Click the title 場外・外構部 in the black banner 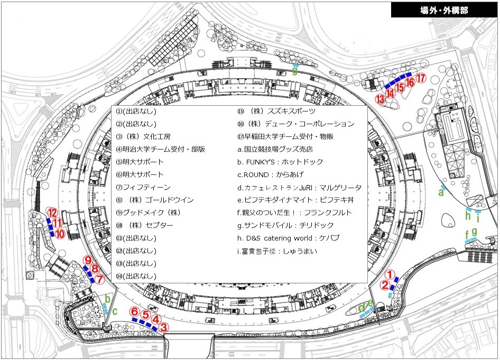tap(443, 10)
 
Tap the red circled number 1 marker tap(389, 274)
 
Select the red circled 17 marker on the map tap(421, 79)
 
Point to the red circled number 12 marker tap(52, 212)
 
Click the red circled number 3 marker tap(164, 327)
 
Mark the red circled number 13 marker tap(380, 98)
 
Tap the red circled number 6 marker tap(135, 311)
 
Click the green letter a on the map tap(440, 193)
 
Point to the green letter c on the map tap(115, 311)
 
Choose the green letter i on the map tap(478, 218)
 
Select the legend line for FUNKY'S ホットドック tap(280, 162)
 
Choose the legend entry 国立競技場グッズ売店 tap(275, 149)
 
